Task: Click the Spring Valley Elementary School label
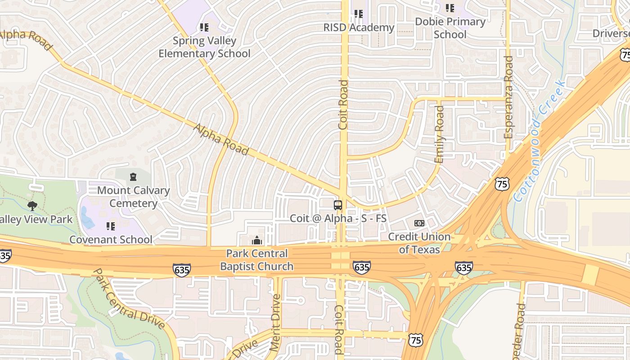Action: coord(204,47)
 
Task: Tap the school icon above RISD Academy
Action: coord(358,14)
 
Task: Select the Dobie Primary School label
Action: coord(450,28)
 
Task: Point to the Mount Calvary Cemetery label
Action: coord(133,197)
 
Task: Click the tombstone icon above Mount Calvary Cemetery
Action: coord(133,176)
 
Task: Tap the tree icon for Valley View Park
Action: coord(32,206)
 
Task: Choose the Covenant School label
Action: coord(111,239)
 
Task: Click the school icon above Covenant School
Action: coord(111,226)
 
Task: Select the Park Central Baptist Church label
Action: coord(256,260)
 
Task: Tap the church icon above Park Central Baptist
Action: coord(257,240)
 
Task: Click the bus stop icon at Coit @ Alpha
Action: coord(338,205)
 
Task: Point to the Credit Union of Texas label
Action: coord(419,243)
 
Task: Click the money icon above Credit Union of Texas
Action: coord(419,223)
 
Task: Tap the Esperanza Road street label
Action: coord(508,97)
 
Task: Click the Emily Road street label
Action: coord(439,134)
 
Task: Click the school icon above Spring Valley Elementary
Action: coord(204,27)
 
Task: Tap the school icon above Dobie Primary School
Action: coord(450,8)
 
